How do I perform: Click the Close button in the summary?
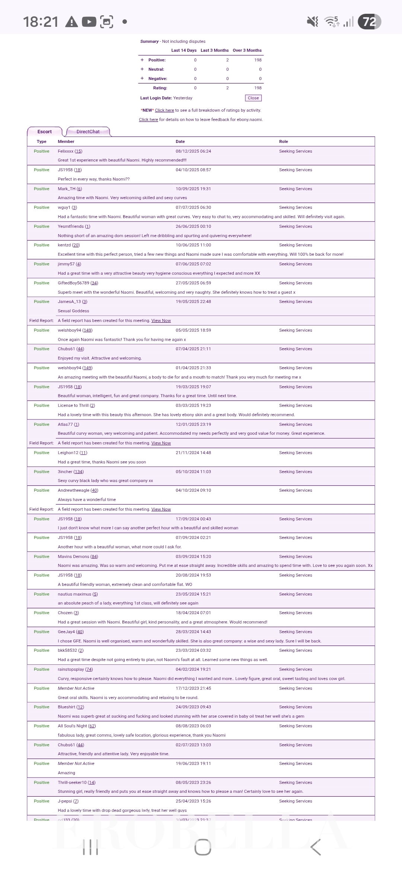pyautogui.click(x=253, y=98)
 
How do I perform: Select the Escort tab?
pyautogui.click(x=45, y=132)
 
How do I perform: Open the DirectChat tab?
pyautogui.click(x=88, y=132)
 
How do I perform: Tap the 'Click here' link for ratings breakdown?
pyautogui.click(x=165, y=110)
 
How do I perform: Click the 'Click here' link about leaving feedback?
pyautogui.click(x=149, y=119)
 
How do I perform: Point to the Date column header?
pyautogui.click(x=180, y=141)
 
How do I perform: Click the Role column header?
pyautogui.click(x=284, y=141)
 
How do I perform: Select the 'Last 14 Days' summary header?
pyautogui.click(x=184, y=50)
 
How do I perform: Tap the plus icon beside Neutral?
pyautogui.click(x=142, y=69)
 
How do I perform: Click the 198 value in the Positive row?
pyautogui.click(x=258, y=60)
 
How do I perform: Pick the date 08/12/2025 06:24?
pyautogui.click(x=193, y=151)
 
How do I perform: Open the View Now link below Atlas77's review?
pyautogui.click(x=161, y=443)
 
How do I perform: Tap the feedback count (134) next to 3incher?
pyautogui.click(x=79, y=472)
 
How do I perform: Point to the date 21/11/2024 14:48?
pyautogui.click(x=193, y=453)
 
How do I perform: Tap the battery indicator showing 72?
pyautogui.click(x=369, y=22)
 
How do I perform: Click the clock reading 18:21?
pyautogui.click(x=41, y=22)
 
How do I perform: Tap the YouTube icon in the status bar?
pyautogui.click(x=89, y=22)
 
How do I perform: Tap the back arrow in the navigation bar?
pyautogui.click(x=316, y=848)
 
